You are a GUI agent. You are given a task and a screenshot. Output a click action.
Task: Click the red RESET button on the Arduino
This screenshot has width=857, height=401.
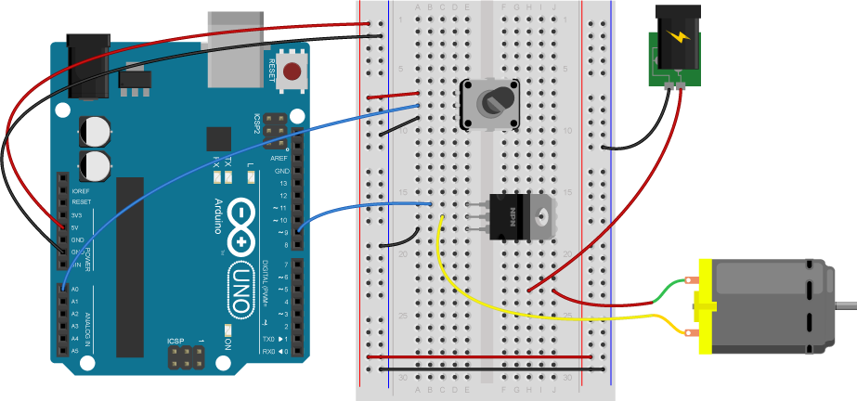coord(293,71)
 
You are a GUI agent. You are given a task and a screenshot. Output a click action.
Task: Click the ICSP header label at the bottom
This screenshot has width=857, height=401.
coord(175,342)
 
